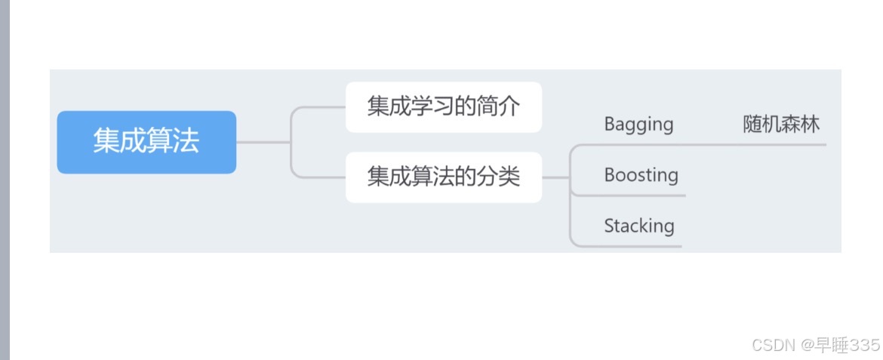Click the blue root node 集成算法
[x=146, y=142]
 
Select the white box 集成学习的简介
[x=443, y=106]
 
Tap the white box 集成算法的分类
[x=443, y=177]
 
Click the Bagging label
[x=638, y=124]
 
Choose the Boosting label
[x=641, y=175]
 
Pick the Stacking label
[x=638, y=226]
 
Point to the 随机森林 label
[x=781, y=124]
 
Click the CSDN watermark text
[x=774, y=345]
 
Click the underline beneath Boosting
[x=641, y=195]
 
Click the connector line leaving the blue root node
[x=263, y=142]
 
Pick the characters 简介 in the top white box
[x=498, y=106]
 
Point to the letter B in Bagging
[x=610, y=124]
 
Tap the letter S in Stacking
[x=609, y=226]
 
